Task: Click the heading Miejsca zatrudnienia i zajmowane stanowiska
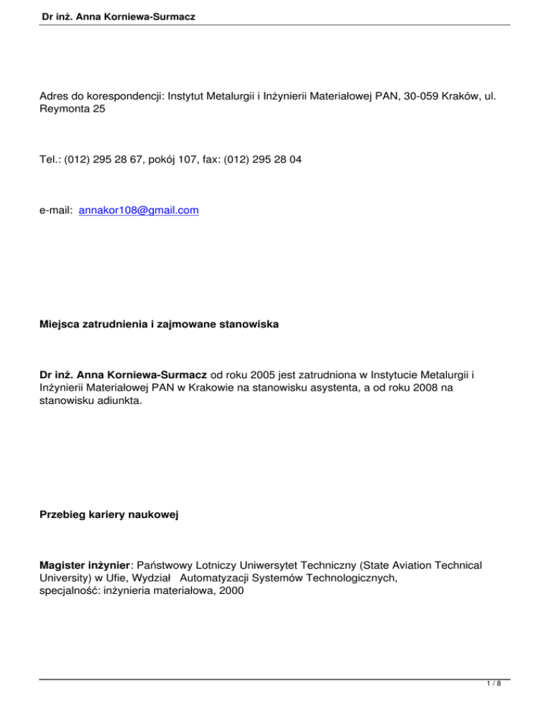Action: tap(158, 325)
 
